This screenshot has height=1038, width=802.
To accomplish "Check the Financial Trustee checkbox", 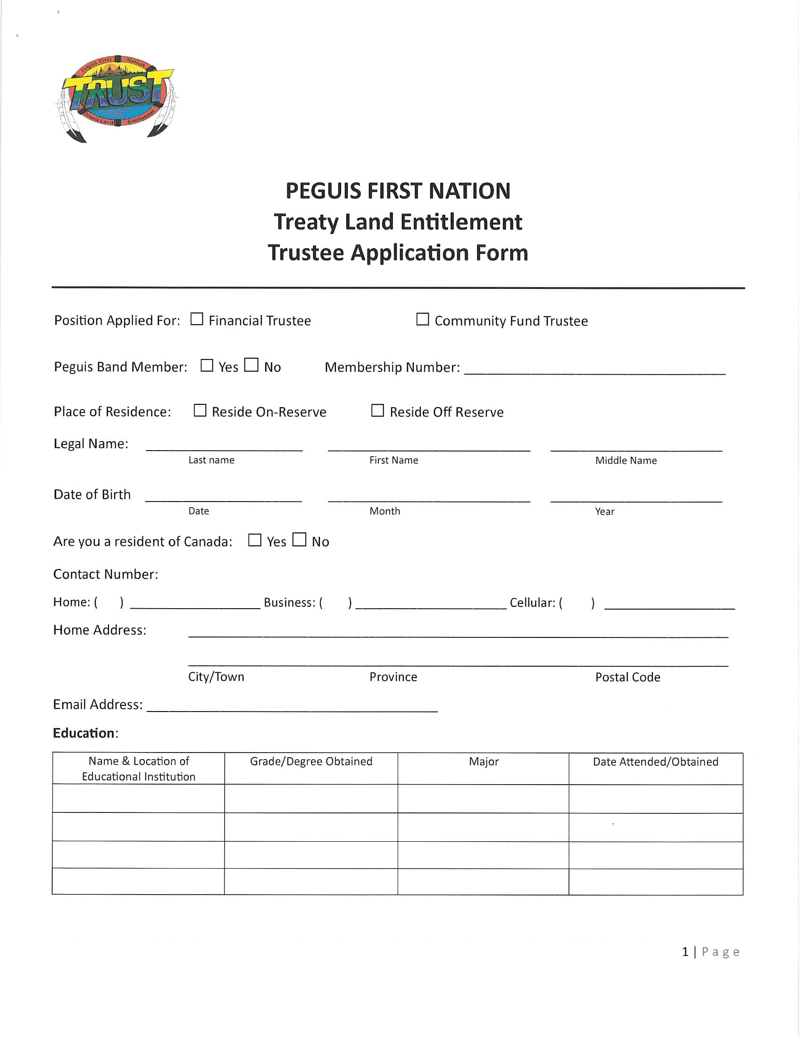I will pos(197,319).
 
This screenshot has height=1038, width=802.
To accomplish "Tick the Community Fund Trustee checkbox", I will pos(422,319).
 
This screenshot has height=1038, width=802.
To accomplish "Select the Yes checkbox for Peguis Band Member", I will pos(207,365).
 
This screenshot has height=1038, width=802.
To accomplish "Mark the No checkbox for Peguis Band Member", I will pos(251,365).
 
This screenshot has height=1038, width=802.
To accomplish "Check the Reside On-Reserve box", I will pos(200,410).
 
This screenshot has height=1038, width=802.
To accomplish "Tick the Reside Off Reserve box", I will pos(377,410).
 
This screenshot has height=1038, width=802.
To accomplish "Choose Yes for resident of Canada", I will pos(255,540).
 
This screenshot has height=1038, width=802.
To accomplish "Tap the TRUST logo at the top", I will pos(117,98).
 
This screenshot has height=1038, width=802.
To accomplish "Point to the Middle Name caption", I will pos(626,460).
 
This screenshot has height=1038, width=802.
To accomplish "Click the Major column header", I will pos(484,762).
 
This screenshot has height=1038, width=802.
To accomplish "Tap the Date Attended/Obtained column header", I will pos(655,762).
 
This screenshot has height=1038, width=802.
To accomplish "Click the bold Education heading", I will pos(84,733).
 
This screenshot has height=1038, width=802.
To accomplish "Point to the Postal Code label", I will pos(627,677).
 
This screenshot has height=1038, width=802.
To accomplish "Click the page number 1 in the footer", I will pos(685,952).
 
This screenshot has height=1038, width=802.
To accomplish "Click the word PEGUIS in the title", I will pos(323,191).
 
